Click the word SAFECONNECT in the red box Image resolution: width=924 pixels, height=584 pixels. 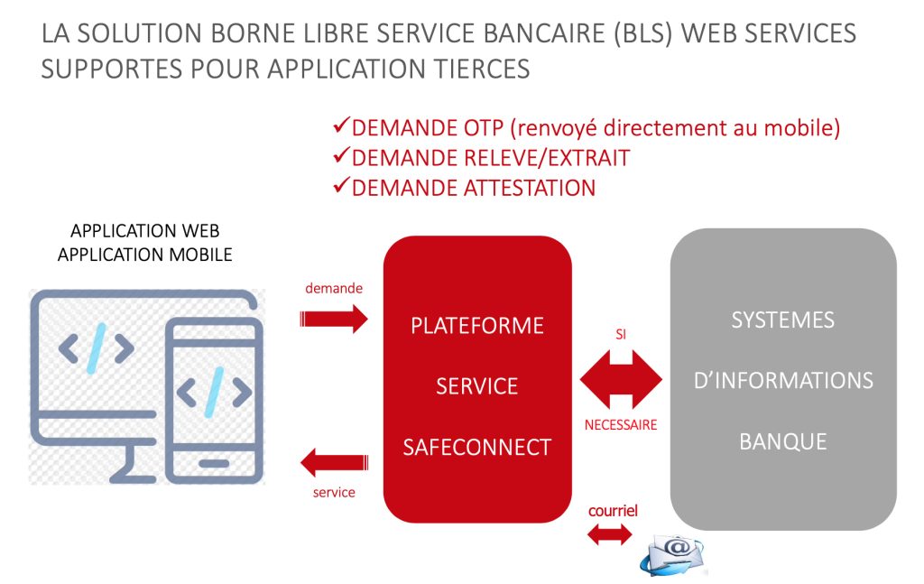tap(476, 446)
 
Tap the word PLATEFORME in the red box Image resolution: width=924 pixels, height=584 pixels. tap(476, 325)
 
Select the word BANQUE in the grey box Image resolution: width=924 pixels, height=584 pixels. tap(782, 441)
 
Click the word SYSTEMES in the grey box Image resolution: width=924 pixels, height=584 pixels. tap(782, 320)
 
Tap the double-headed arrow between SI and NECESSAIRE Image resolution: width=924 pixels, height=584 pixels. tap(621, 379)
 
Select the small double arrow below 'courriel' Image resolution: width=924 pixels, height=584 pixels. tap(611, 535)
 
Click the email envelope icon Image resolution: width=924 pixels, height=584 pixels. tap(673, 553)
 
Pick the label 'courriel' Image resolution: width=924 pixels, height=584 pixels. tap(613, 511)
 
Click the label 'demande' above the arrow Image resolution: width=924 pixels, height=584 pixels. tap(334, 289)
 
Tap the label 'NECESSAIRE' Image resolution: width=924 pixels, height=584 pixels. tap(621, 424)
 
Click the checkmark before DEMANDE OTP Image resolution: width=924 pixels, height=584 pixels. tap(341, 126)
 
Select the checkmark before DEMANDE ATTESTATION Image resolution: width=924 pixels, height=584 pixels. tap(341, 187)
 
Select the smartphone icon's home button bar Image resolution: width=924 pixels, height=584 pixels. tap(214, 464)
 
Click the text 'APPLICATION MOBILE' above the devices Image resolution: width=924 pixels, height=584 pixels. tap(144, 255)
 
